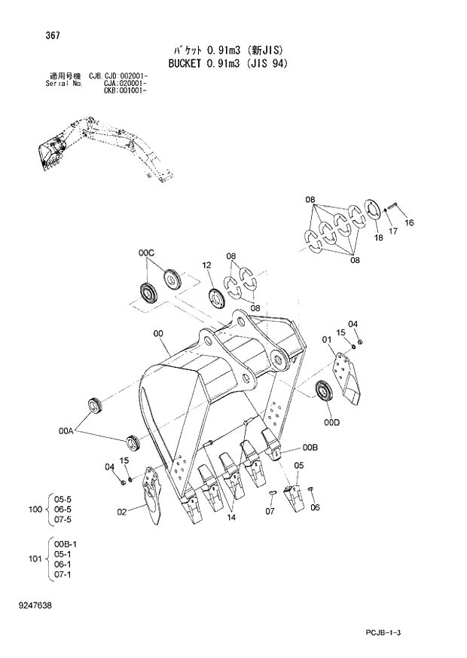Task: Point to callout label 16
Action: pos(409,223)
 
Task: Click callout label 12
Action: pos(206,265)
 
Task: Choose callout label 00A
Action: pos(67,431)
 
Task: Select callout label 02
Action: pos(121,513)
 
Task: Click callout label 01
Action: pos(326,340)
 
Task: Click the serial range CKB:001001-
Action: pos(123,90)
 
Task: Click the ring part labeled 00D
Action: pos(325,391)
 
